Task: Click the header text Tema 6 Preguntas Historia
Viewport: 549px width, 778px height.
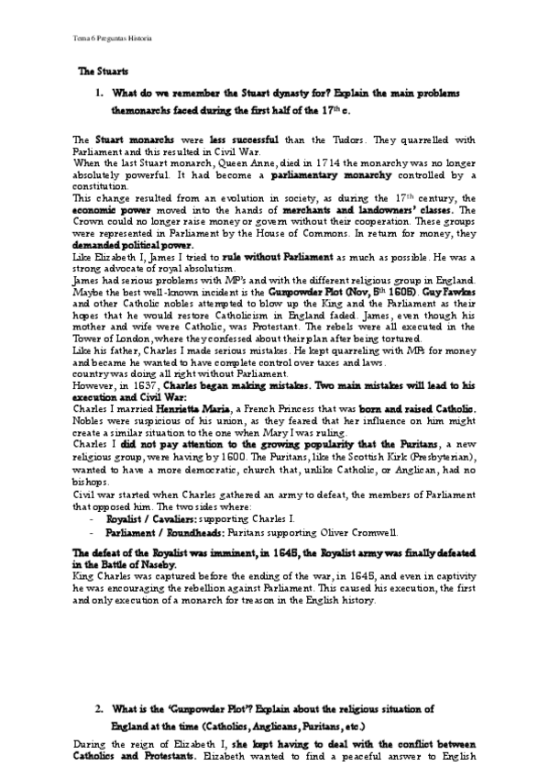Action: coord(112,39)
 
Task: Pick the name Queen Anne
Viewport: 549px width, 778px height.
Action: coord(190,161)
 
